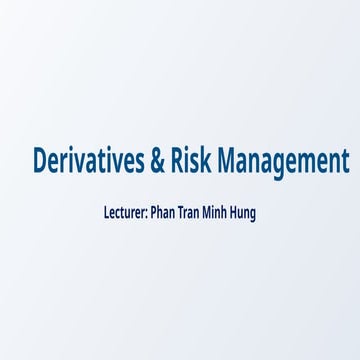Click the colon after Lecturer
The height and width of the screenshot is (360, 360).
coord(147,213)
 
